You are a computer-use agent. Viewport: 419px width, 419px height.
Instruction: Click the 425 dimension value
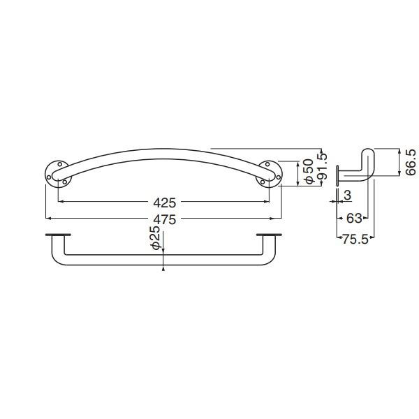click(x=165, y=203)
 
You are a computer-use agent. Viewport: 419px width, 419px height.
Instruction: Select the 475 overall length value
click(x=165, y=220)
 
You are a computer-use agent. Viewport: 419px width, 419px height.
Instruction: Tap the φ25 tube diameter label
click(x=156, y=238)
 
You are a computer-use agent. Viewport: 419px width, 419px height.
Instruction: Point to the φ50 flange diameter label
click(x=309, y=171)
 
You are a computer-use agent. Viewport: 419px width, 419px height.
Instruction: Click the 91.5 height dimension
click(x=323, y=166)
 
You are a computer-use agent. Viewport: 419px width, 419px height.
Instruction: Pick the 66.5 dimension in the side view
click(x=411, y=162)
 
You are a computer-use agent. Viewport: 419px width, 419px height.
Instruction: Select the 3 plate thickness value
click(x=347, y=196)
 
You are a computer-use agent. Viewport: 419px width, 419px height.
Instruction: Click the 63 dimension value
click(x=354, y=219)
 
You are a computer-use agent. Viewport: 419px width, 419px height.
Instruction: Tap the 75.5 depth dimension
click(x=355, y=240)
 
